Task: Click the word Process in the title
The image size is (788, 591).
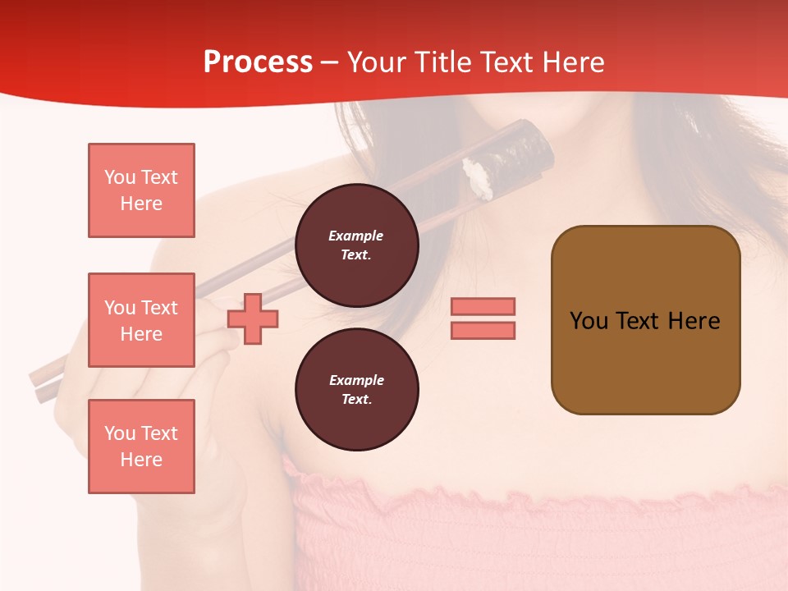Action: click(258, 62)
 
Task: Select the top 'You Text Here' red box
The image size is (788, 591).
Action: click(141, 190)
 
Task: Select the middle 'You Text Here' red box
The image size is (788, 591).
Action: click(141, 320)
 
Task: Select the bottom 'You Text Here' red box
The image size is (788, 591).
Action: click(141, 447)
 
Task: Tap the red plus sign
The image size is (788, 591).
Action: click(253, 319)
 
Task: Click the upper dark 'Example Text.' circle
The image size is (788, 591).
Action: click(356, 245)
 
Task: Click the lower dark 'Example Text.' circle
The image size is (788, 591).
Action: click(356, 390)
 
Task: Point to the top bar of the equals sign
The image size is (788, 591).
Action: click(483, 306)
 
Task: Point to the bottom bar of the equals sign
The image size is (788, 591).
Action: click(483, 331)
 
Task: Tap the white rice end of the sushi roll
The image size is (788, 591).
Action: click(479, 179)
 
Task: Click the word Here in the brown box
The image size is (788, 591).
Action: click(694, 321)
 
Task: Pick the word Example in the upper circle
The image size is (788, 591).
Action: click(356, 236)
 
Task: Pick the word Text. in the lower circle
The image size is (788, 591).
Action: click(356, 399)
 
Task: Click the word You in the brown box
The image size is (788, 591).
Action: click(589, 321)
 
